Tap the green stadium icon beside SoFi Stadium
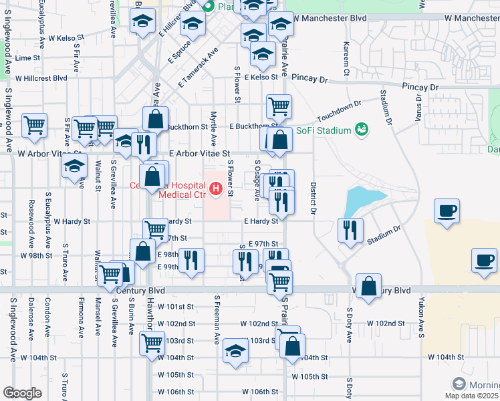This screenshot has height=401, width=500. tap(362, 128)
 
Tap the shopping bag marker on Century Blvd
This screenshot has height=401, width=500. tap(368, 286)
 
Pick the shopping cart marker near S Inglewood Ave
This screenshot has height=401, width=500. tap(34, 124)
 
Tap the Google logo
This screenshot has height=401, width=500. tap(22, 393)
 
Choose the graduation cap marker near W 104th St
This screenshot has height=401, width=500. tap(235, 352)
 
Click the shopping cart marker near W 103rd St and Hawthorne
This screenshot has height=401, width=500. tap(152, 344)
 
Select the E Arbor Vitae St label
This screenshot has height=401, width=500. tap(199, 153)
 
